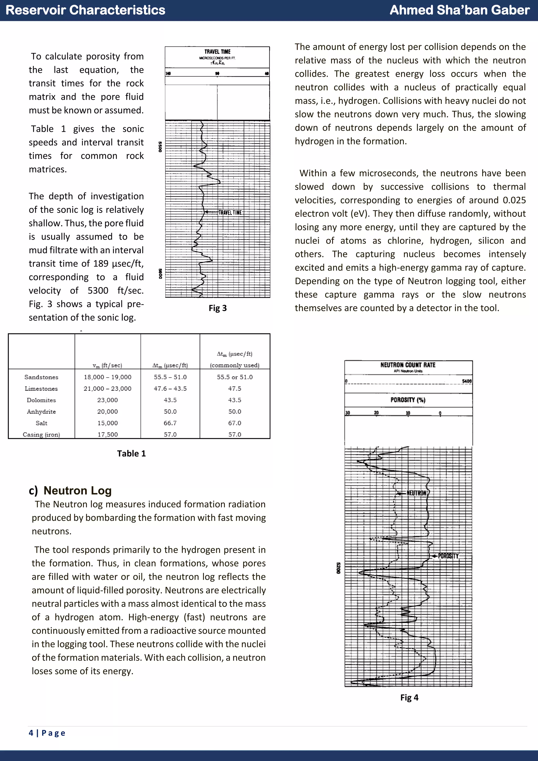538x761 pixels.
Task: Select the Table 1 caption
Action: click(x=131, y=453)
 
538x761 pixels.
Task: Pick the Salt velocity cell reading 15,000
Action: click(x=107, y=423)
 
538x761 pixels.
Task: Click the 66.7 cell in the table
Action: click(x=170, y=423)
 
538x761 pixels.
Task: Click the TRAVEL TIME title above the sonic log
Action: click(x=217, y=52)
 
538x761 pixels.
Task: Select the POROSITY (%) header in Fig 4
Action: click(x=408, y=400)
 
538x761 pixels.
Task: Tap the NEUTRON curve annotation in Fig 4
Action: click(x=416, y=493)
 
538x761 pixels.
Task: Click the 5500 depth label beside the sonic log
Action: click(x=160, y=147)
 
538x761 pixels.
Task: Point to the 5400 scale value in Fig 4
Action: click(x=467, y=381)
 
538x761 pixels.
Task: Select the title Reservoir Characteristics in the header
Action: click(x=85, y=10)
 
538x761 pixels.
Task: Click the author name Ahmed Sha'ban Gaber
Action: click(x=459, y=10)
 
